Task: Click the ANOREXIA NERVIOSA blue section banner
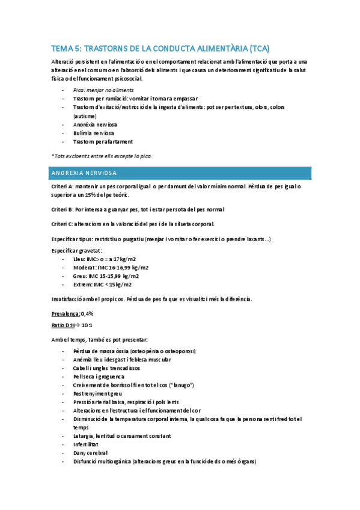point(180,173)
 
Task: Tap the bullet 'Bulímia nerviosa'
point(94,133)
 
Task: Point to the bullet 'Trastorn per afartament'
point(102,142)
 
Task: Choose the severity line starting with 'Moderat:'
point(111,268)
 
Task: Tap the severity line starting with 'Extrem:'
point(102,285)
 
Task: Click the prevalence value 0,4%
point(87,314)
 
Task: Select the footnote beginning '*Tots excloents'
point(102,156)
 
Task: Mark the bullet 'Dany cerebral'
point(91,453)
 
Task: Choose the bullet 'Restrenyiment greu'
point(99,393)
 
